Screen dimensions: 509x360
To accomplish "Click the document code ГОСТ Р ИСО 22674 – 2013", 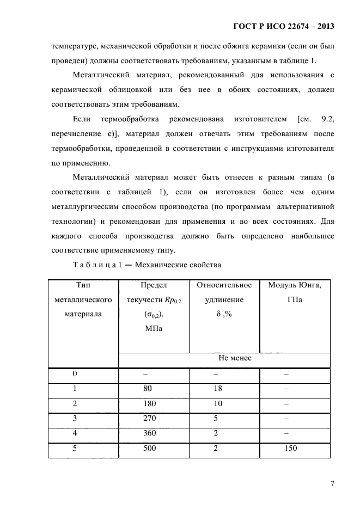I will coord(283,26).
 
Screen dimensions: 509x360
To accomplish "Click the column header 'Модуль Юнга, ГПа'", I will coord(295,292).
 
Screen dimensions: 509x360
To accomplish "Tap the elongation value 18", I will coord(216,390).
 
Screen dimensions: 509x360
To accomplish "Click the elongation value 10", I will coord(216,405).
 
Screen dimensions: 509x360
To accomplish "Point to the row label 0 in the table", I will coord(75,375).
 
